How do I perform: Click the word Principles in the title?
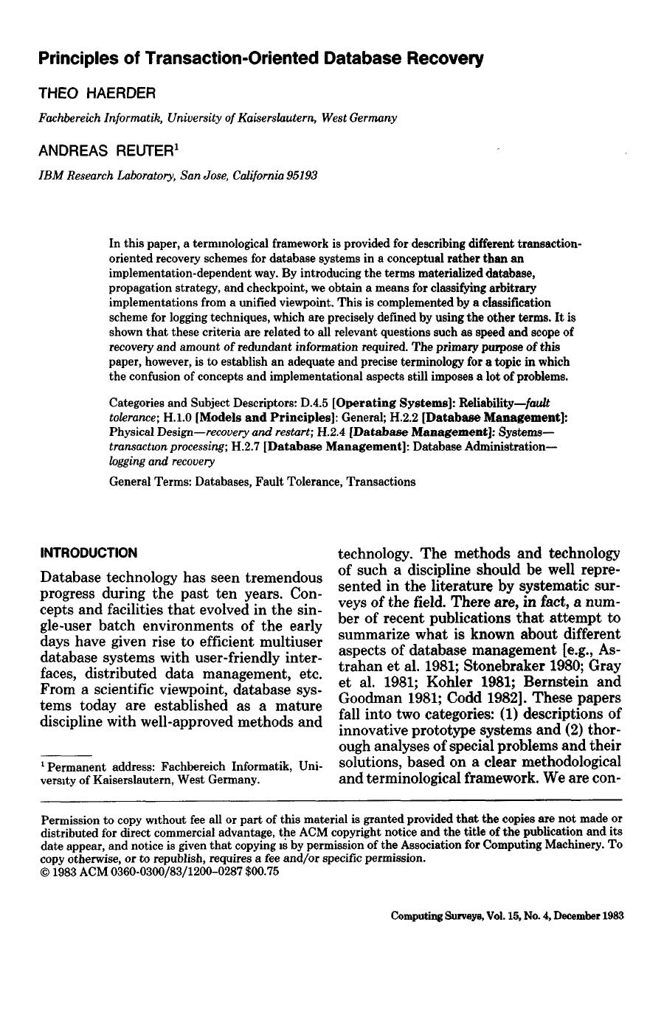(77, 58)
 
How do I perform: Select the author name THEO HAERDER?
(97, 93)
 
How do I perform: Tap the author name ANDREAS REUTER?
(104, 151)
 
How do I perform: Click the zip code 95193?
(302, 176)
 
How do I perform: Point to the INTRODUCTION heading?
(89, 552)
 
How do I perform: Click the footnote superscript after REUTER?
(175, 146)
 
